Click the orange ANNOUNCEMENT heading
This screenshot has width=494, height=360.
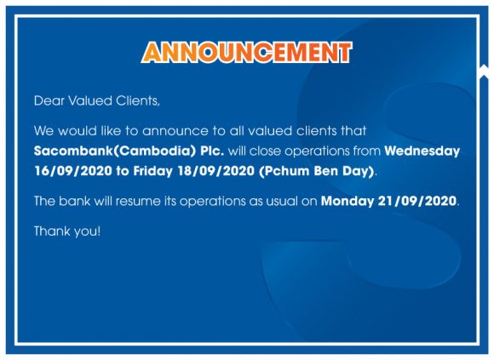click(246, 52)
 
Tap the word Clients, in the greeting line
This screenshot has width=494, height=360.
click(138, 101)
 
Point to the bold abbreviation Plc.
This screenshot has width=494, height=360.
click(212, 151)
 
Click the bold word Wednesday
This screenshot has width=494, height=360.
click(422, 151)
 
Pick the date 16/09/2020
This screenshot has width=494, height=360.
click(73, 171)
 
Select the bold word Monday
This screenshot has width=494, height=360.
click(348, 201)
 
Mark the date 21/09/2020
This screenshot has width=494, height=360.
click(417, 201)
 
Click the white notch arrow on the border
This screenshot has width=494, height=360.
click(484, 70)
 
